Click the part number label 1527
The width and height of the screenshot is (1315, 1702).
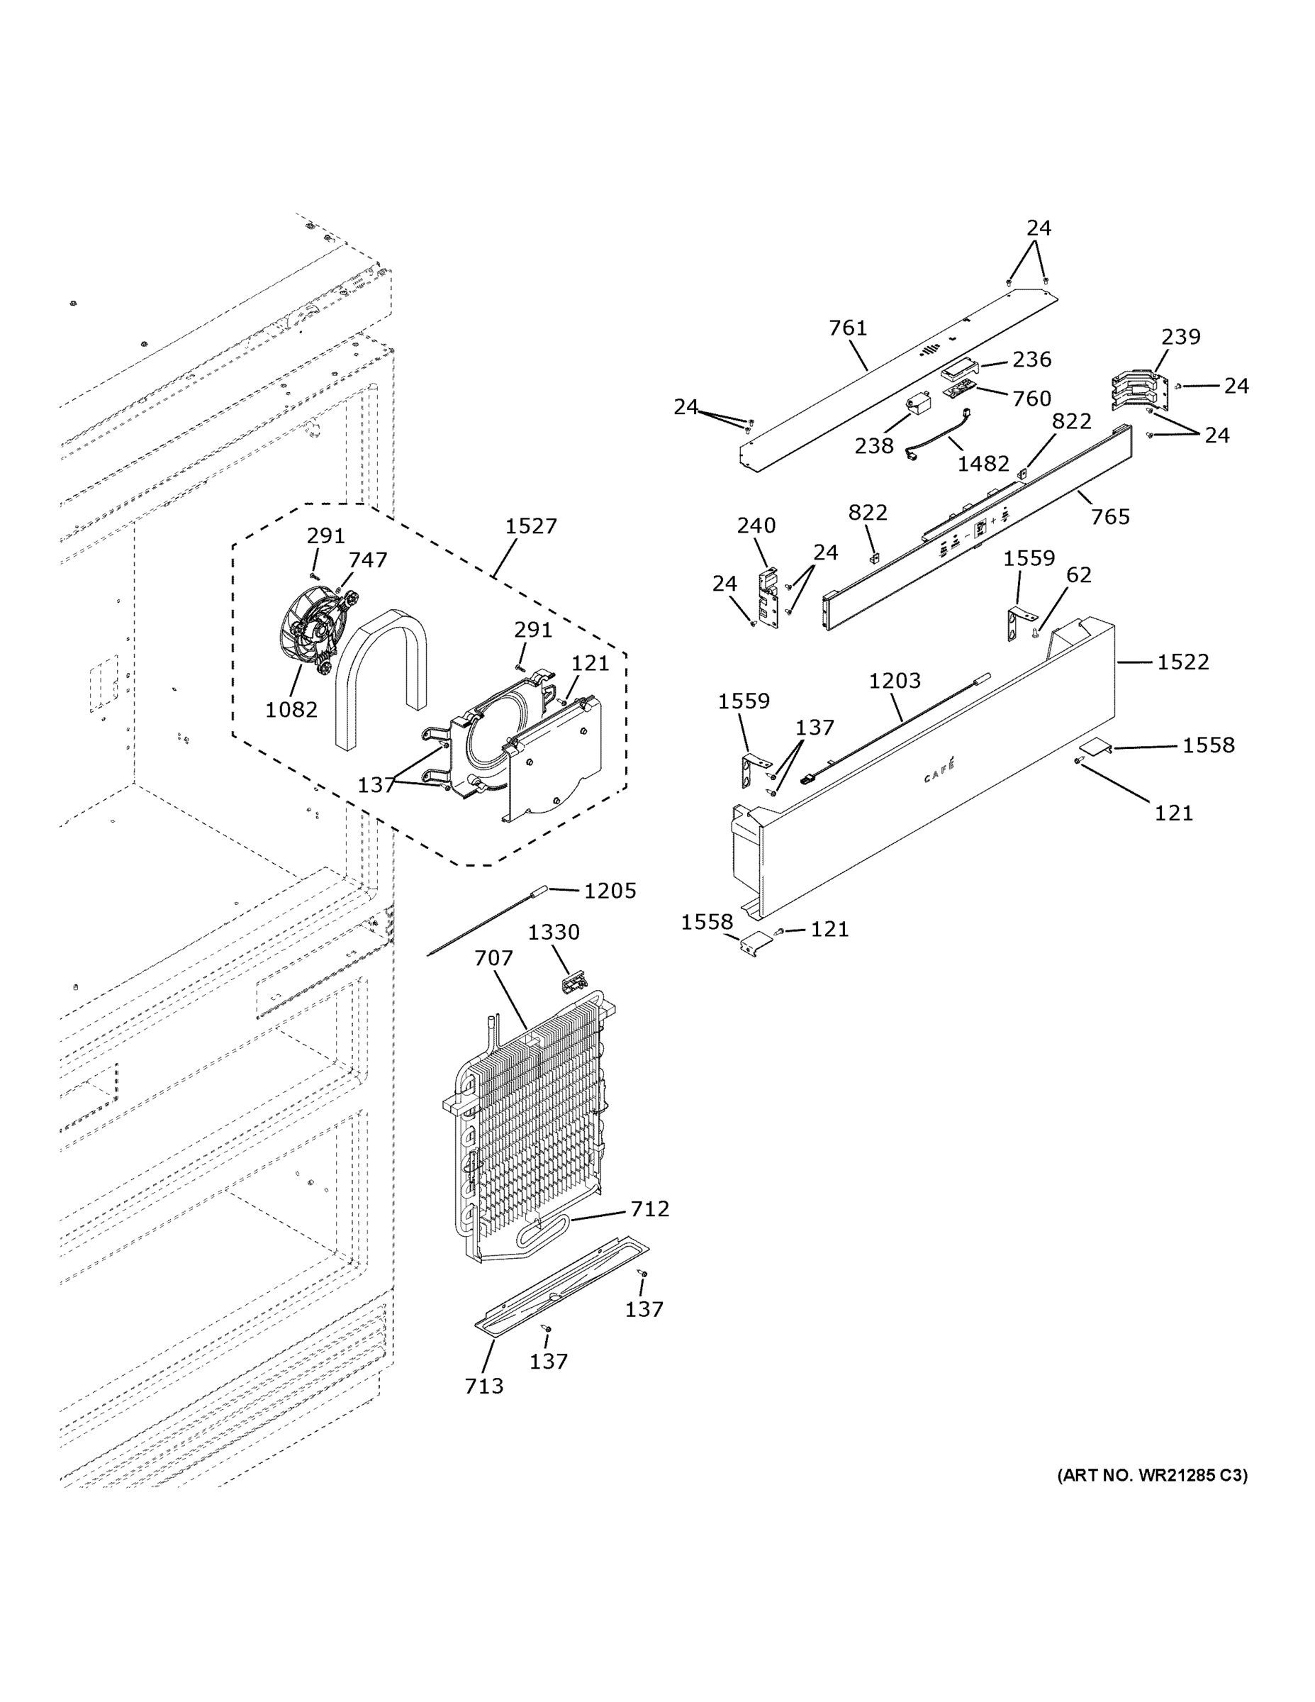pyautogui.click(x=530, y=526)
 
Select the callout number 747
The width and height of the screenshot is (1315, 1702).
pyautogui.click(x=367, y=560)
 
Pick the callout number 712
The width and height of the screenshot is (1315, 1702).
pyautogui.click(x=650, y=1208)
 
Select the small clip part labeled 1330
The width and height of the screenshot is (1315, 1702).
pyautogui.click(x=573, y=981)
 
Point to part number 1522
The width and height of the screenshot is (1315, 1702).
pyautogui.click(x=1182, y=662)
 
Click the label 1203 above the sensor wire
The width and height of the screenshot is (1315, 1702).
pyautogui.click(x=895, y=681)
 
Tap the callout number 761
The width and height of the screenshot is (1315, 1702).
pyautogui.click(x=848, y=328)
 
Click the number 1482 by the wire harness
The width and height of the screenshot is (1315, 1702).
pyautogui.click(x=983, y=464)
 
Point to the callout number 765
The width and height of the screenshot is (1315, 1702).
pyautogui.click(x=1109, y=517)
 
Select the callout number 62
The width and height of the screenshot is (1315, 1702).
pyautogui.click(x=1078, y=575)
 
